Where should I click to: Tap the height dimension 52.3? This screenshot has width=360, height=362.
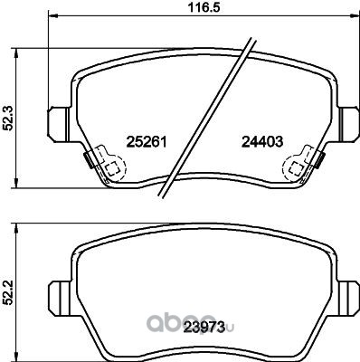pos(8,119)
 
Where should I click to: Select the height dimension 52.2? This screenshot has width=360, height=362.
pos(8,292)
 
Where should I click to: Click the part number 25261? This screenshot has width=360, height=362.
pos(147,141)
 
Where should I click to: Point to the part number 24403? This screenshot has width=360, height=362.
pos(262,141)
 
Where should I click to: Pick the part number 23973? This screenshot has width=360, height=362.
pos(205,327)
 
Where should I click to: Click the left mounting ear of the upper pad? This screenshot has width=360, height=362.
pos(60,124)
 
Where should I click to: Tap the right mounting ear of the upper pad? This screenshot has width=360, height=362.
pos(349,124)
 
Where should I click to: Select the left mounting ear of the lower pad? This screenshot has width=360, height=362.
pos(61,299)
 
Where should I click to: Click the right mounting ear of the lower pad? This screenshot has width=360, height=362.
pos(349,299)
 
